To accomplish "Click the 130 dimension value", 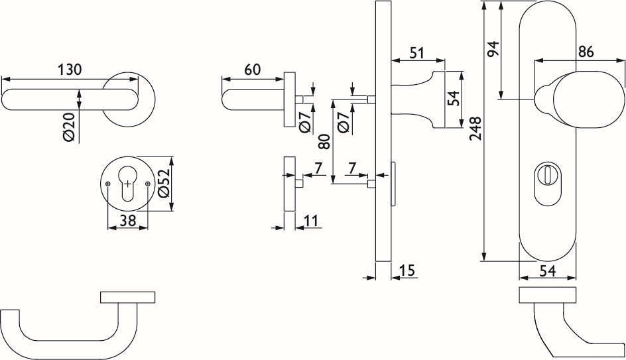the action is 70,70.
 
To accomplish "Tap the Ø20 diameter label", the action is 69,127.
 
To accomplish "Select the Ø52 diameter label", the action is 164,183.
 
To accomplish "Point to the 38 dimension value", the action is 128,220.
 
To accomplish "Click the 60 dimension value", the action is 252,70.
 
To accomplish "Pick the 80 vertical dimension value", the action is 326,141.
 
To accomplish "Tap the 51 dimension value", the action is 416,53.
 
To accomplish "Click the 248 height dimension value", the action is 475,129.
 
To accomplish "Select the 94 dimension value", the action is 493,49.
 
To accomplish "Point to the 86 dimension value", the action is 586,52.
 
